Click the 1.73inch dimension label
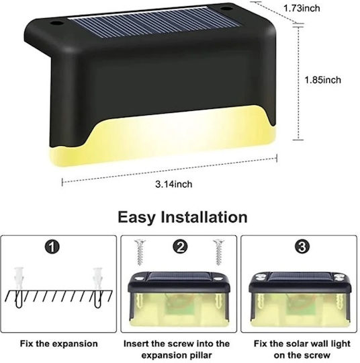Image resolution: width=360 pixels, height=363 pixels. pyautogui.click(x=302, y=8)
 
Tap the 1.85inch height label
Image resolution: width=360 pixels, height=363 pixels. pyautogui.click(x=322, y=80)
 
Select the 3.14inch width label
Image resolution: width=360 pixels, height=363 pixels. pyautogui.click(x=173, y=184)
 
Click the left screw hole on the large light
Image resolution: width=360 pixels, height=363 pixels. pyautogui.click(x=56, y=24)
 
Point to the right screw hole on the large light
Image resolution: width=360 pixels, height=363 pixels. pyautogui.click(x=226, y=9)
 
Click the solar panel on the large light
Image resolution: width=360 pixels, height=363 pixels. pyautogui.click(x=154, y=22)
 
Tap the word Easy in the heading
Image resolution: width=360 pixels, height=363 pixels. pyautogui.click(x=136, y=217)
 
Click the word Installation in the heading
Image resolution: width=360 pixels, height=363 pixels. pyautogui.click(x=204, y=217)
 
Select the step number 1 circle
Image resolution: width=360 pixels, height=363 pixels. pyautogui.click(x=52, y=247)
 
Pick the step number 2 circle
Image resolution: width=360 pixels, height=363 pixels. pyautogui.click(x=180, y=247)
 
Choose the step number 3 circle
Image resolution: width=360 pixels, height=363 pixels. pyautogui.click(x=302, y=247)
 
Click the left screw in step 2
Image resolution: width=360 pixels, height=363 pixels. pyautogui.click(x=140, y=252)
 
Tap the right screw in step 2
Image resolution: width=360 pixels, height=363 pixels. pyautogui.click(x=219, y=252)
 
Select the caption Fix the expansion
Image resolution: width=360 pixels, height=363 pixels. pyautogui.click(x=58, y=344)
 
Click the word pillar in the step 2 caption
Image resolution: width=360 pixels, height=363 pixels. pyautogui.click(x=199, y=355)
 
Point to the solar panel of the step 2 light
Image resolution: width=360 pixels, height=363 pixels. pyautogui.click(x=180, y=276)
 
